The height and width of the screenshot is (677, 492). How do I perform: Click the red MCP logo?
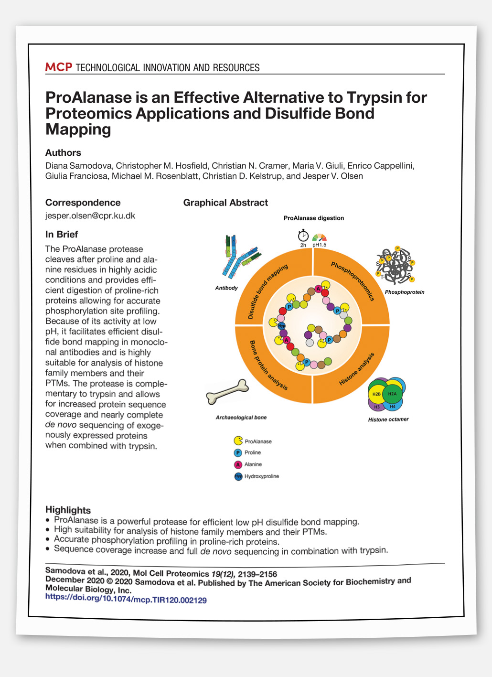coord(58,67)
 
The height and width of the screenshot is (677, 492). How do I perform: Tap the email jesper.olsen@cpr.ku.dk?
coord(90,215)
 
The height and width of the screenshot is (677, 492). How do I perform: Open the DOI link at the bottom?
coord(126,600)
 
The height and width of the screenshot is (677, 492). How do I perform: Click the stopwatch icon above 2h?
coord(303,236)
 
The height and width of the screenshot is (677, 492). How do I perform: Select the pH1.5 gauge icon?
coord(319,237)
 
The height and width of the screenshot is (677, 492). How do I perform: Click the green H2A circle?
coord(392,394)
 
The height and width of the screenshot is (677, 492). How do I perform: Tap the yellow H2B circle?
coord(376,394)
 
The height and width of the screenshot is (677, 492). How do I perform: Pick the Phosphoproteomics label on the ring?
coord(353,281)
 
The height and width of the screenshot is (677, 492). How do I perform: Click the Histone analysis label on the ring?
coord(356,369)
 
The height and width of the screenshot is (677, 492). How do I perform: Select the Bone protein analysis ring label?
coord(268,365)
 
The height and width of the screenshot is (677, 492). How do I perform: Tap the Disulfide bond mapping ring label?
coord(267,291)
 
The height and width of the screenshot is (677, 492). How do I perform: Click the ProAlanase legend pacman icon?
coord(238,441)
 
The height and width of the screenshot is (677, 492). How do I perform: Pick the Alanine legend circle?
coord(238,464)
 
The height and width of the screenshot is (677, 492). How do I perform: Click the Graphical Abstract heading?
coord(225,203)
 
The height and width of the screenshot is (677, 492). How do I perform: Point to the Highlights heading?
coord(68,510)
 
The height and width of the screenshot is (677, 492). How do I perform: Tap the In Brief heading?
coord(62,234)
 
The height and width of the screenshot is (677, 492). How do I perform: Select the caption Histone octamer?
coord(388,419)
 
